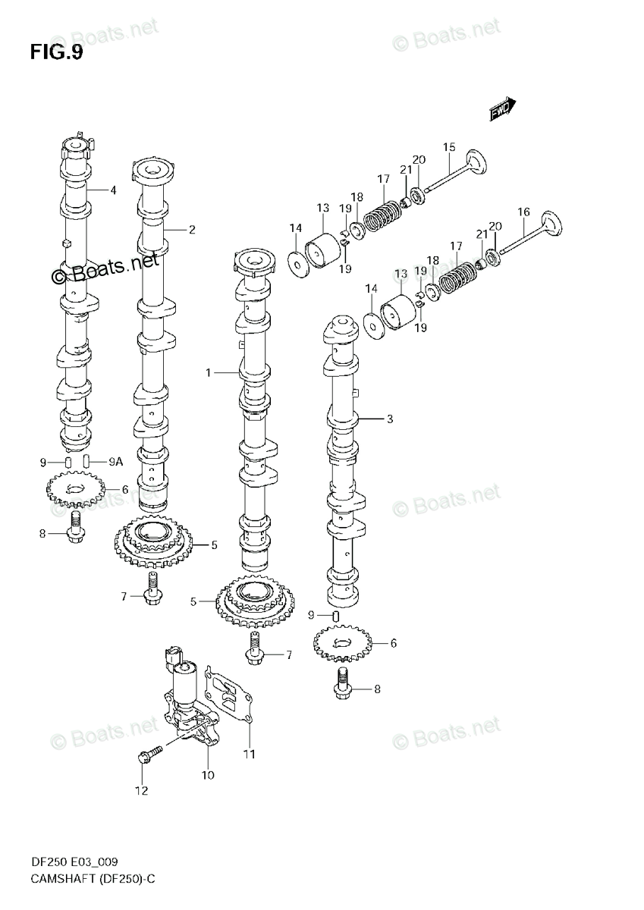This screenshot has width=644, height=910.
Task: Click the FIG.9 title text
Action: click(57, 52)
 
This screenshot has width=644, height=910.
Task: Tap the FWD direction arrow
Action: click(501, 111)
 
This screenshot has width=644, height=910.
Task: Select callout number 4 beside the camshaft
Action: click(112, 190)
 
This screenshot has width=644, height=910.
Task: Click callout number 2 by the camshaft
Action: click(192, 229)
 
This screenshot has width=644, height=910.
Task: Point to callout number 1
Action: click(207, 372)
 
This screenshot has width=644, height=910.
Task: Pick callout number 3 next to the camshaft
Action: click(389, 418)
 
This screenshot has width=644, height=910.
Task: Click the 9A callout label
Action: click(115, 460)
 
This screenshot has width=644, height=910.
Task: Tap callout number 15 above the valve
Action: click(449, 147)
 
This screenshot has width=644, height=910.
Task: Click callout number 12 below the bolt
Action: click(141, 792)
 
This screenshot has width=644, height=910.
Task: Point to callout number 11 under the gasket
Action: click(249, 754)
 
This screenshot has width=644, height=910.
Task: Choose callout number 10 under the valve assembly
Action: click(208, 775)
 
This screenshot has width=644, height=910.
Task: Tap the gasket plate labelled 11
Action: click(231, 694)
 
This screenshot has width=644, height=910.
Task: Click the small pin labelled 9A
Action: click(87, 460)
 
